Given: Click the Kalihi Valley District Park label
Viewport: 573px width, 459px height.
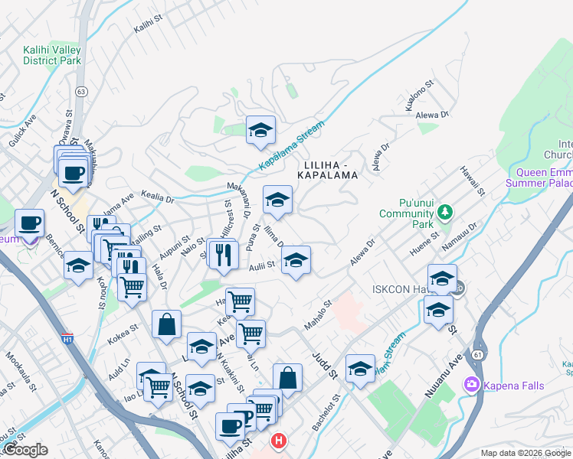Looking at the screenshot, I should click(51, 55).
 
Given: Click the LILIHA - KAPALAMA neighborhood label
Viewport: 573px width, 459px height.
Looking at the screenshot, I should click(331, 170).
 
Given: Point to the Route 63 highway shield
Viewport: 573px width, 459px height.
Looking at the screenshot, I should click(80, 91).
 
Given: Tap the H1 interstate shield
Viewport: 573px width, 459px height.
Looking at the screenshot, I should click(68, 337).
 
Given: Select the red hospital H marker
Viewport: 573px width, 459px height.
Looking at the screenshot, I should click(279, 441).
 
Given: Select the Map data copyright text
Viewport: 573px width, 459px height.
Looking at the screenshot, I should click(526, 453).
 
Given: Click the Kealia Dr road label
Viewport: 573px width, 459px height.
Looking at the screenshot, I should click(157, 197).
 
